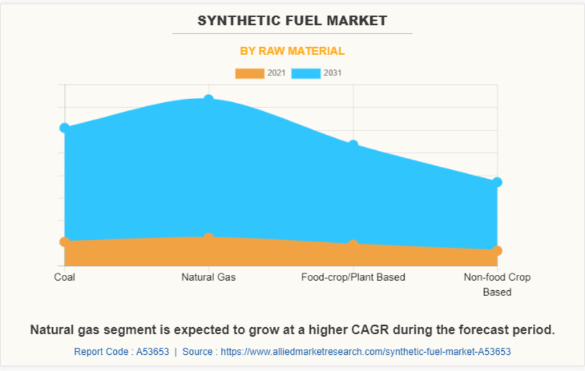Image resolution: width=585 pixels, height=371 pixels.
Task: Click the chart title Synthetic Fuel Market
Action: pos(292,21)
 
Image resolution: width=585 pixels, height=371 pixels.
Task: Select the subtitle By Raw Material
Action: pos(292,51)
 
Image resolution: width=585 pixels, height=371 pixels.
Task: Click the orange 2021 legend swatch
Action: pos(249,74)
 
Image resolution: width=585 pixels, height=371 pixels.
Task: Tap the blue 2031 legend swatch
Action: pos(306,74)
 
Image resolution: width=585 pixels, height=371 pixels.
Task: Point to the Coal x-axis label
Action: pos(65,277)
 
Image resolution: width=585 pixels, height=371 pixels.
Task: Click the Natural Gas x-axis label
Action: pos(208,277)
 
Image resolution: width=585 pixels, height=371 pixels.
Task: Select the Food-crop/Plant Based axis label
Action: pos(353,277)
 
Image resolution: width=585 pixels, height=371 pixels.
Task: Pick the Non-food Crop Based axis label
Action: pos(497,284)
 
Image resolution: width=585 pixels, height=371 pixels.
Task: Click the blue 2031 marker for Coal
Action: pos(65,128)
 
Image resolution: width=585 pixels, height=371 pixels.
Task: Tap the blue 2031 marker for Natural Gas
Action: pos(209,99)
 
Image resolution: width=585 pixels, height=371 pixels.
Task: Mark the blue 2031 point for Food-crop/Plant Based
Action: pos(353,145)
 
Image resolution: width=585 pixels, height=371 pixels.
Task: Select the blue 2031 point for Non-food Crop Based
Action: pos(497,182)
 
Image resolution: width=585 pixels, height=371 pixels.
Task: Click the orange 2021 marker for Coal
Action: pos(65,242)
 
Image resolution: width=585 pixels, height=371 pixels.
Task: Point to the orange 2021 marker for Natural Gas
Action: pos(209,237)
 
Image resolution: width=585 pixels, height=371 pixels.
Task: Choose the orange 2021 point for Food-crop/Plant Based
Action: pos(353,244)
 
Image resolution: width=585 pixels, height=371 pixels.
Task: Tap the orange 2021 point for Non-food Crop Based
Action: pos(497,250)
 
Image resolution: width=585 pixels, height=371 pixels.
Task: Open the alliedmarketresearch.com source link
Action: pos(365,352)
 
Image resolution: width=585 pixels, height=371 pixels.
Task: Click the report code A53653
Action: pos(152,352)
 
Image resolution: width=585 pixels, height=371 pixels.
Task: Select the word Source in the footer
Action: pos(197,352)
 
